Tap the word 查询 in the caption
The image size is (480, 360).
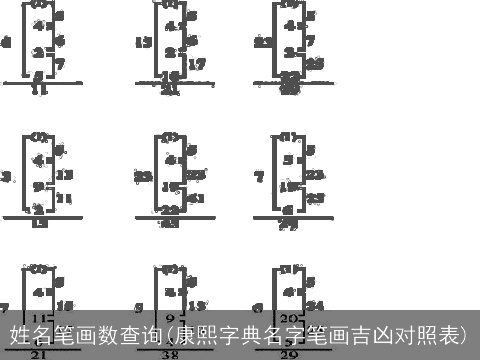[135, 334]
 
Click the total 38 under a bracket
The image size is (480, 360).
[170, 354]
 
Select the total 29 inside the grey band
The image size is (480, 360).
[290, 354]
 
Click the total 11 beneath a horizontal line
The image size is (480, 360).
[39, 91]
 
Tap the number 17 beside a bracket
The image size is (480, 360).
[197, 64]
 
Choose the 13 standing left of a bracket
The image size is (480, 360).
[142, 42]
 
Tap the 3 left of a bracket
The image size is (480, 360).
[6, 176]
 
